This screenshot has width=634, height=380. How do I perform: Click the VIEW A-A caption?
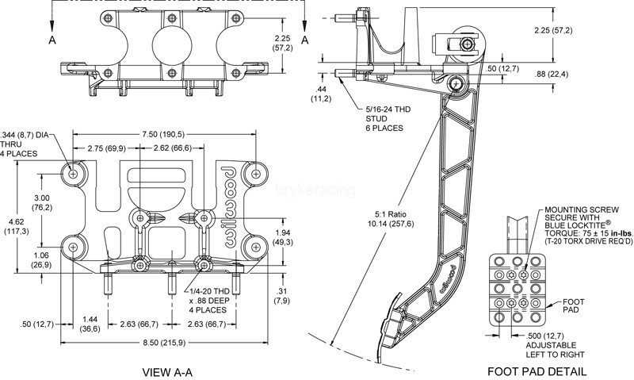point(167,371)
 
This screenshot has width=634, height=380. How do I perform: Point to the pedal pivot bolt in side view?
point(456,85)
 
